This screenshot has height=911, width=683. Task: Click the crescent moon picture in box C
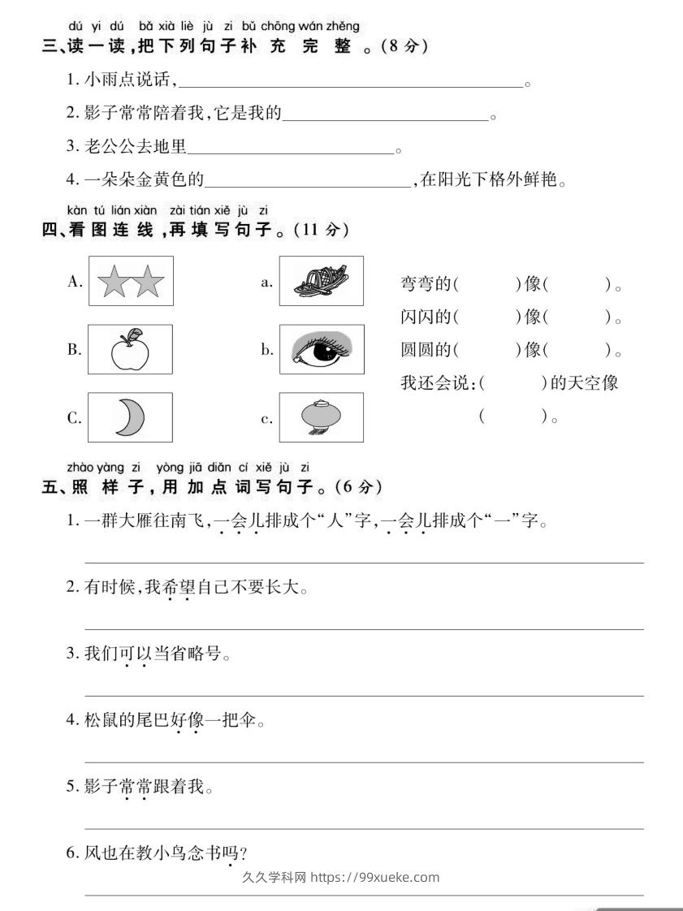click(x=129, y=417)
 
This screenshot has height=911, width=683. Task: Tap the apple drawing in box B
click(x=130, y=351)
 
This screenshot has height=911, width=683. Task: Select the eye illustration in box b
click(x=322, y=350)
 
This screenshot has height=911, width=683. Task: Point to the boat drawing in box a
click(x=320, y=281)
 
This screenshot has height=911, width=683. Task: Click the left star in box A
click(x=114, y=283)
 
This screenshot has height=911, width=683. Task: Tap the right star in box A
click(x=149, y=283)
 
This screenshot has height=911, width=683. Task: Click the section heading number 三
click(x=49, y=46)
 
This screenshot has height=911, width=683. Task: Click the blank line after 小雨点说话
click(x=349, y=84)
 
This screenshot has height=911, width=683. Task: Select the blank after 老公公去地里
click(x=291, y=151)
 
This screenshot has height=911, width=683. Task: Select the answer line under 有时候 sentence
click(x=365, y=628)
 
